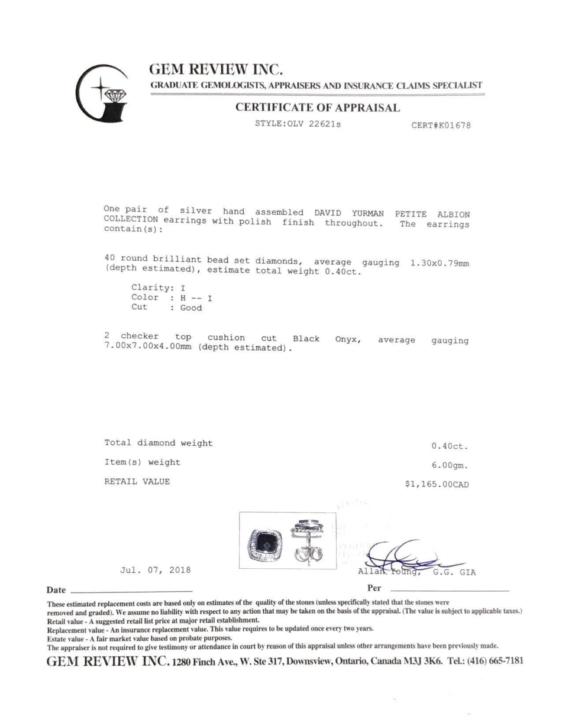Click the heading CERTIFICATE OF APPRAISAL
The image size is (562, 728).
tap(317, 108)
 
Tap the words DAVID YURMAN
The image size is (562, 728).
tap(349, 213)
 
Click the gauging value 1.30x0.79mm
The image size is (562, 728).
tap(439, 263)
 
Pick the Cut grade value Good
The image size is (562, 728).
tap(191, 308)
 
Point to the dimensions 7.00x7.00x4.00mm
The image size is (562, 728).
tap(148, 347)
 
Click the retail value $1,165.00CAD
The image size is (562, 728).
tap(437, 484)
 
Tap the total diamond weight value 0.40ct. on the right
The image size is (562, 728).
tap(450, 446)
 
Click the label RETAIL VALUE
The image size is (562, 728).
tap(137, 481)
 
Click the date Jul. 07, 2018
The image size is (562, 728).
tap(155, 570)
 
